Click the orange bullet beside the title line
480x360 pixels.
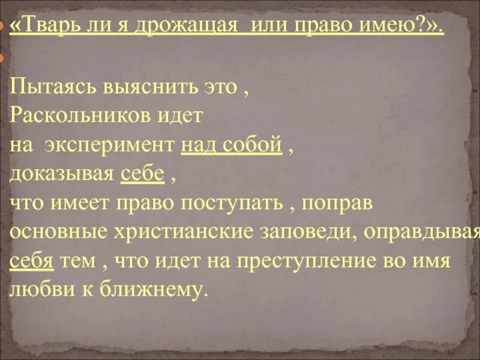(x=2, y=28)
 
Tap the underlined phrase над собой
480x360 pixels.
(x=231, y=145)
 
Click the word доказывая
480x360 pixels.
(x=62, y=173)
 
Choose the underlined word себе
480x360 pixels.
(x=142, y=173)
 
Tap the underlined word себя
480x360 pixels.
(x=31, y=260)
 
